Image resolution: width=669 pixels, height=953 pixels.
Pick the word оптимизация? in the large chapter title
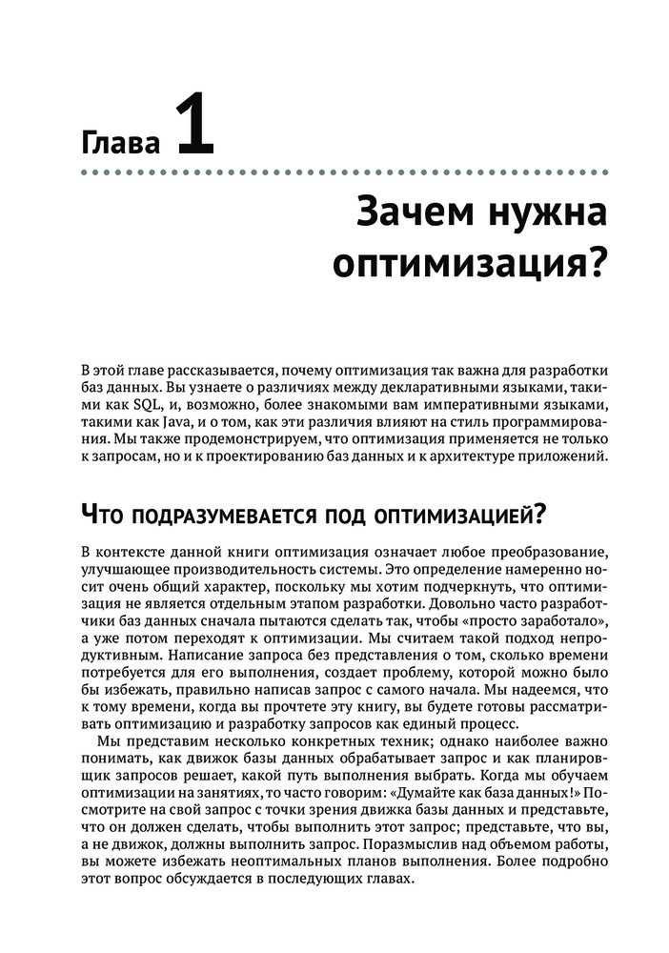pos(469,263)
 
